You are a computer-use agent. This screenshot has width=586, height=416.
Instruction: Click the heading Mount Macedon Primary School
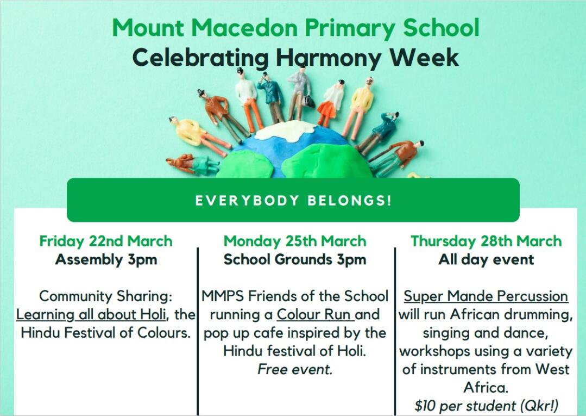click(x=295, y=28)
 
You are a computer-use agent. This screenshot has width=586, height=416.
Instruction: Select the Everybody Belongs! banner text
click(x=293, y=201)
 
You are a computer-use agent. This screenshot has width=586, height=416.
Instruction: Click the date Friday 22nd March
click(x=106, y=241)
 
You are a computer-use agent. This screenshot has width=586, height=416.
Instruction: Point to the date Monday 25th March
click(x=295, y=241)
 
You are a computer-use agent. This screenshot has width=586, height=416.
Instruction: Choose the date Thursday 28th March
click(x=486, y=241)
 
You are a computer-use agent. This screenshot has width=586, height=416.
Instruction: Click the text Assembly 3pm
click(x=106, y=259)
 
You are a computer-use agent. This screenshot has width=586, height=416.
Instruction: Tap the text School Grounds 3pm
click(x=295, y=259)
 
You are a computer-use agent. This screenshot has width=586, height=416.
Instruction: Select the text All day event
click(x=486, y=259)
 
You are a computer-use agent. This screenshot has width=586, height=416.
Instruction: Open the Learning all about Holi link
click(x=91, y=315)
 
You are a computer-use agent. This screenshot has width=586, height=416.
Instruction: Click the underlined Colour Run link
click(x=315, y=315)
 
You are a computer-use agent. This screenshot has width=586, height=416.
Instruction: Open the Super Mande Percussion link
click(x=486, y=296)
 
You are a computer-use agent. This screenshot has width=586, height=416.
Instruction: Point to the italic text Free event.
click(x=295, y=370)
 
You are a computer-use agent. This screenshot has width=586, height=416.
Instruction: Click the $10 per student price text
click(x=486, y=406)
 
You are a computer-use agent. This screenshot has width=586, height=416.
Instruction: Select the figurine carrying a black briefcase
click(x=300, y=94)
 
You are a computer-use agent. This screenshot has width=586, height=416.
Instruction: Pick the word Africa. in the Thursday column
click(x=486, y=388)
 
